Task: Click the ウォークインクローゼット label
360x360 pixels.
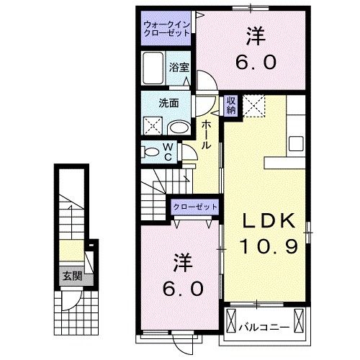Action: tap(166, 28)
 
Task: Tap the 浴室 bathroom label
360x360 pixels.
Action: tap(179, 66)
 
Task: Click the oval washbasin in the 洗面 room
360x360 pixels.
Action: tap(179, 127)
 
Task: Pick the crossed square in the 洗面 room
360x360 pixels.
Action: tap(153, 127)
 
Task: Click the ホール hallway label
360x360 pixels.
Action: tap(206, 135)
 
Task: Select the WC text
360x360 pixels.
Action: tap(167, 152)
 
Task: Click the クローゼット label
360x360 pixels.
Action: tap(194, 207)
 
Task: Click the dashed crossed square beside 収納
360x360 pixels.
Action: tap(253, 106)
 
